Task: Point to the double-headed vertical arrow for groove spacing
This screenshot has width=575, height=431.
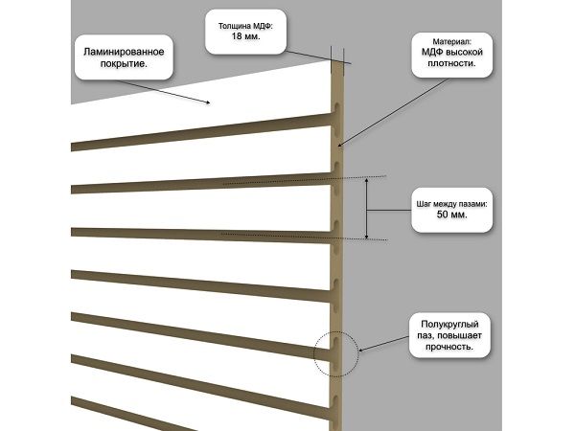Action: click(x=367, y=208)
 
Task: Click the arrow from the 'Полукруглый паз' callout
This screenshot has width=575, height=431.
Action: click(x=383, y=342)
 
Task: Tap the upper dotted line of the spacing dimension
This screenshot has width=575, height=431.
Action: click(x=307, y=180)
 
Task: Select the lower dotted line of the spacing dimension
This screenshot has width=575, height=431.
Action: click(x=307, y=236)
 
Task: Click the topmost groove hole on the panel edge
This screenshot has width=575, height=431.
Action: click(x=337, y=101)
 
